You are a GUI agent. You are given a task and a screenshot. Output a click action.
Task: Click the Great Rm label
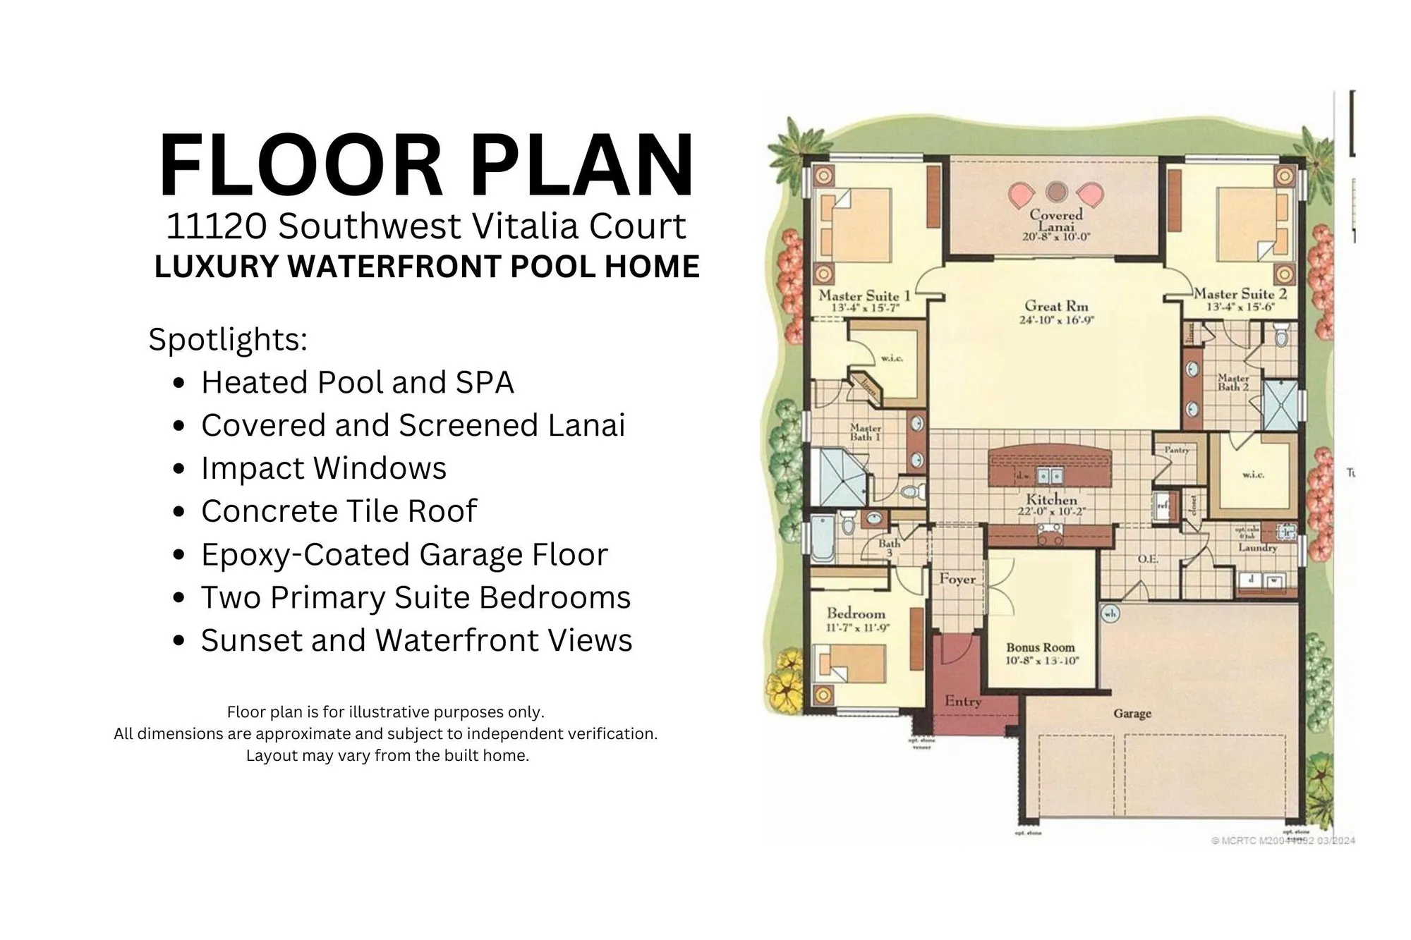(1056, 306)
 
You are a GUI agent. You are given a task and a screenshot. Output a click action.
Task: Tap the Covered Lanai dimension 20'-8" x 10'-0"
(1056, 237)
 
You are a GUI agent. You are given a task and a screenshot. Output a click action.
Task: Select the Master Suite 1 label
(864, 296)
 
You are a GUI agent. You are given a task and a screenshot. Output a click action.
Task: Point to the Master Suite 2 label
(1240, 294)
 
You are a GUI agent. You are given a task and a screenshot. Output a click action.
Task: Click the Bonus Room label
(1041, 647)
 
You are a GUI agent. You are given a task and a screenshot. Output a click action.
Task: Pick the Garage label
(1132, 714)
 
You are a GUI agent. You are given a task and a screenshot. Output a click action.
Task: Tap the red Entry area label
(963, 702)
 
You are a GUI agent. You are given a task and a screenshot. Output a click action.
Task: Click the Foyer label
(957, 579)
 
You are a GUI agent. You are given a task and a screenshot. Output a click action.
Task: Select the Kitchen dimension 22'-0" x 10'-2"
(1050, 512)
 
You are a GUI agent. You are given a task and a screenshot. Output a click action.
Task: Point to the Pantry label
(1177, 450)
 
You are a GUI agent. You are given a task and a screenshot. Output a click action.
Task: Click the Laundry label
(1257, 547)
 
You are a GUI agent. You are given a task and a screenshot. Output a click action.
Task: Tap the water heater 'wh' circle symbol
(1110, 614)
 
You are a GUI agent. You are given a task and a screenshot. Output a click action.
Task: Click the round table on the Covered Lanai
(1056, 191)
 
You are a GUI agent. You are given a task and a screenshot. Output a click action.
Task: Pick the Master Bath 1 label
(865, 432)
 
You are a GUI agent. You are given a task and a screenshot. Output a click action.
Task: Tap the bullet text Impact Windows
(324, 468)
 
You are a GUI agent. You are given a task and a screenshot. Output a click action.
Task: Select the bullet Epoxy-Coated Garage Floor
(404, 554)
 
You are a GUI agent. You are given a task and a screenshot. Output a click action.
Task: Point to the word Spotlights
(228, 339)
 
